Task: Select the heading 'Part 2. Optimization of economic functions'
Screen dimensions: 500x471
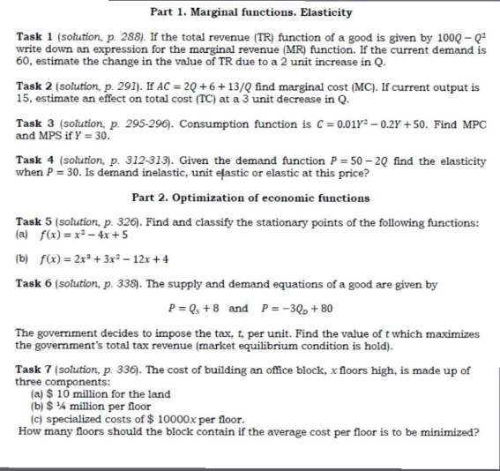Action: [x=250, y=198]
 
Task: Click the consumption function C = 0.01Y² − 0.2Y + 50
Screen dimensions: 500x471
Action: [x=380, y=125]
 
